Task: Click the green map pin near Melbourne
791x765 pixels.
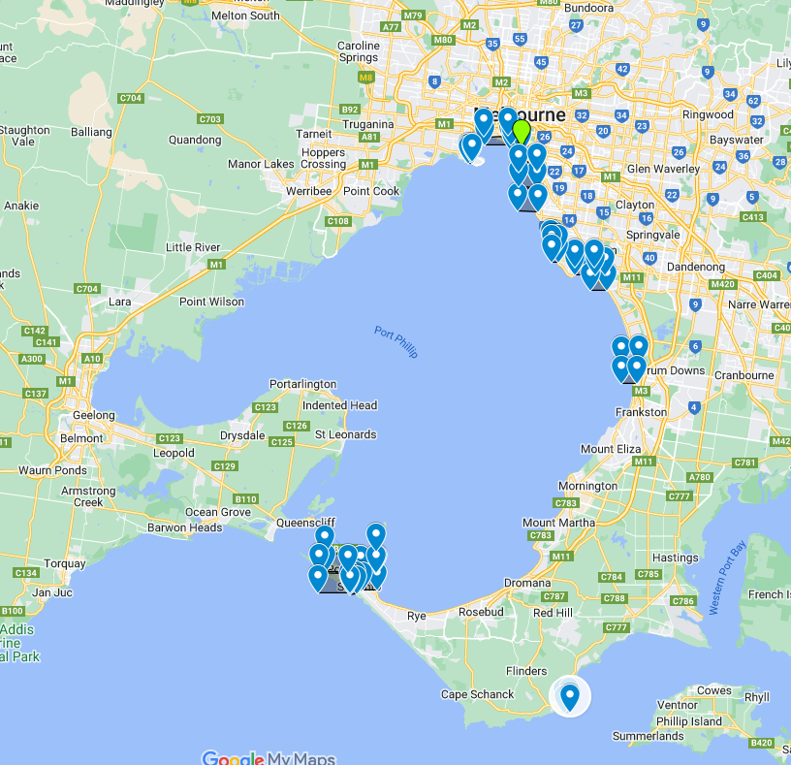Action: click(522, 131)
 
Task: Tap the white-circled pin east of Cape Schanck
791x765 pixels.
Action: click(569, 696)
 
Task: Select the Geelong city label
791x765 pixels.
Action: click(93, 415)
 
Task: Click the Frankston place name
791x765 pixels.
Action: click(641, 412)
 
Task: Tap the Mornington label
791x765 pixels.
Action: click(587, 486)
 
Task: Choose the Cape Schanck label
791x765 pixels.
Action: click(476, 694)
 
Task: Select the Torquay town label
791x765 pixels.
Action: click(65, 563)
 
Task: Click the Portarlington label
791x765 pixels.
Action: click(303, 385)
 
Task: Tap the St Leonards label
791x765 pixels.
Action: click(346, 434)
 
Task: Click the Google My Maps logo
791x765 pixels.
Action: click(269, 757)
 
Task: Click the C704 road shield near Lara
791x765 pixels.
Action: click(87, 289)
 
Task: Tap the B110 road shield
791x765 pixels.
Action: click(245, 499)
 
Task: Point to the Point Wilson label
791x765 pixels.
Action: click(212, 303)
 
